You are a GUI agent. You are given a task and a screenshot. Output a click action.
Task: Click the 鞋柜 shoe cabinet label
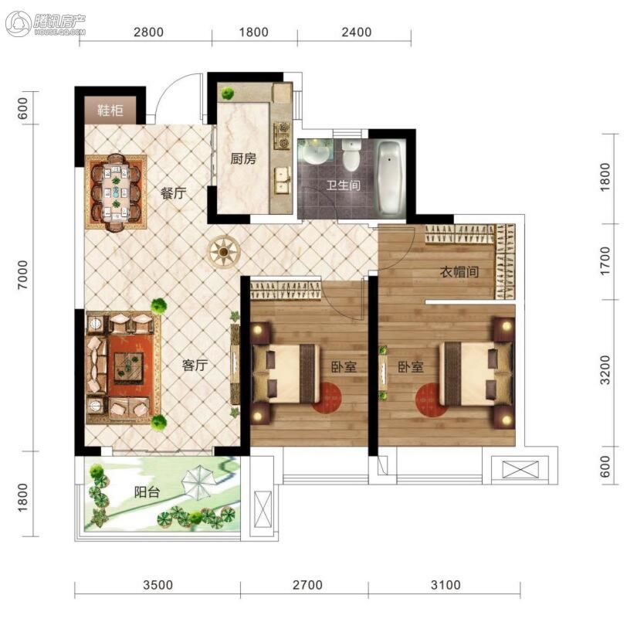click(110, 110)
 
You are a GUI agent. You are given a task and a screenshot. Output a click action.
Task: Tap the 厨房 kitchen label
click(243, 158)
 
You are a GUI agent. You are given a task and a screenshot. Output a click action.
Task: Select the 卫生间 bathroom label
click(344, 185)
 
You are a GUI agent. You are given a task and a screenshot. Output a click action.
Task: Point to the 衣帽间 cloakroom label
click(459, 272)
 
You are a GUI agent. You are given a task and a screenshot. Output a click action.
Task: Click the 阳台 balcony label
click(147, 492)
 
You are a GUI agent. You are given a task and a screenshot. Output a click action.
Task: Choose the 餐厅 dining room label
click(174, 192)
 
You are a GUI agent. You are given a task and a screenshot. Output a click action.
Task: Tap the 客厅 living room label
click(195, 366)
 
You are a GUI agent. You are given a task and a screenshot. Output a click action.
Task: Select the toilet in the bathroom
click(351, 155)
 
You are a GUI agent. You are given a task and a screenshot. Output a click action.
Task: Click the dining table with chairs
click(116, 192)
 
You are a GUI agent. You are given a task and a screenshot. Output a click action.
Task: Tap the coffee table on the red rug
click(128, 366)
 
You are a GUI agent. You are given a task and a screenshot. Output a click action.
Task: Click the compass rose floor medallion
click(223, 252)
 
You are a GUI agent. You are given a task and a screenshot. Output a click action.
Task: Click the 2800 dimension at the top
click(149, 32)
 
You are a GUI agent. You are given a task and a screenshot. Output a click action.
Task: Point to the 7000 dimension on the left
click(23, 275)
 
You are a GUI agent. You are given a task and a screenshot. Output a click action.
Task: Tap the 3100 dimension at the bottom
click(446, 585)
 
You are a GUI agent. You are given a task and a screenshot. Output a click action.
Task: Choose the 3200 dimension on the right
click(605, 369)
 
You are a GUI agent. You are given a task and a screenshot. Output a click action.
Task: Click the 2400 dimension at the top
click(357, 32)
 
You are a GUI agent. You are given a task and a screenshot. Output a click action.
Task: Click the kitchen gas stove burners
click(283, 135)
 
